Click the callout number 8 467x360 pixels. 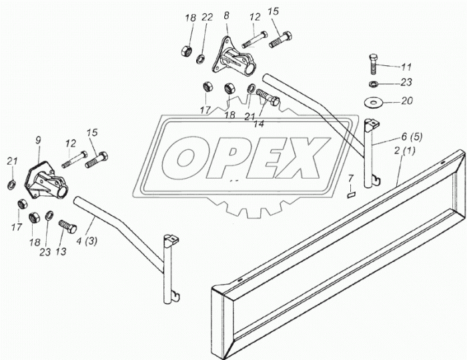pos(227,15)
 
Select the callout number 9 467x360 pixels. pos(38,140)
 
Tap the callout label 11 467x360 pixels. pos(406,67)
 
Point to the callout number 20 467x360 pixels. pos(407,101)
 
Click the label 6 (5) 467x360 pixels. pos(412,137)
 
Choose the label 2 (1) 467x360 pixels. pos(404,151)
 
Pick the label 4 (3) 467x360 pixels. pos(86,241)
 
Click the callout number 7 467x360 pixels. pos(350,179)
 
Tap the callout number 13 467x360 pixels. pos(61,252)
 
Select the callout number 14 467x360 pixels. pos(259,124)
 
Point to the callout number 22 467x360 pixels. pos(207,17)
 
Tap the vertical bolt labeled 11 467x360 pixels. pos(374,64)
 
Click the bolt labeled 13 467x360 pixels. pos(67,227)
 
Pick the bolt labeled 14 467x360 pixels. pos(268,97)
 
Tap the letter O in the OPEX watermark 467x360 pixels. pos(186,159)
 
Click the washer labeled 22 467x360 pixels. pos(200,59)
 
